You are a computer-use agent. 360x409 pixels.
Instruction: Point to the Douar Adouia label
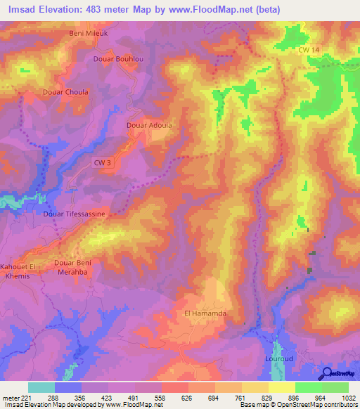tap(148, 126)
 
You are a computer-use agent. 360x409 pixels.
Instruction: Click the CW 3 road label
tap(103, 162)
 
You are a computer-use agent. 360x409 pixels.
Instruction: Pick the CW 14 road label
tap(308, 50)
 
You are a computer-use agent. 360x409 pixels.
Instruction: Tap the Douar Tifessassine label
tap(75, 213)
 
